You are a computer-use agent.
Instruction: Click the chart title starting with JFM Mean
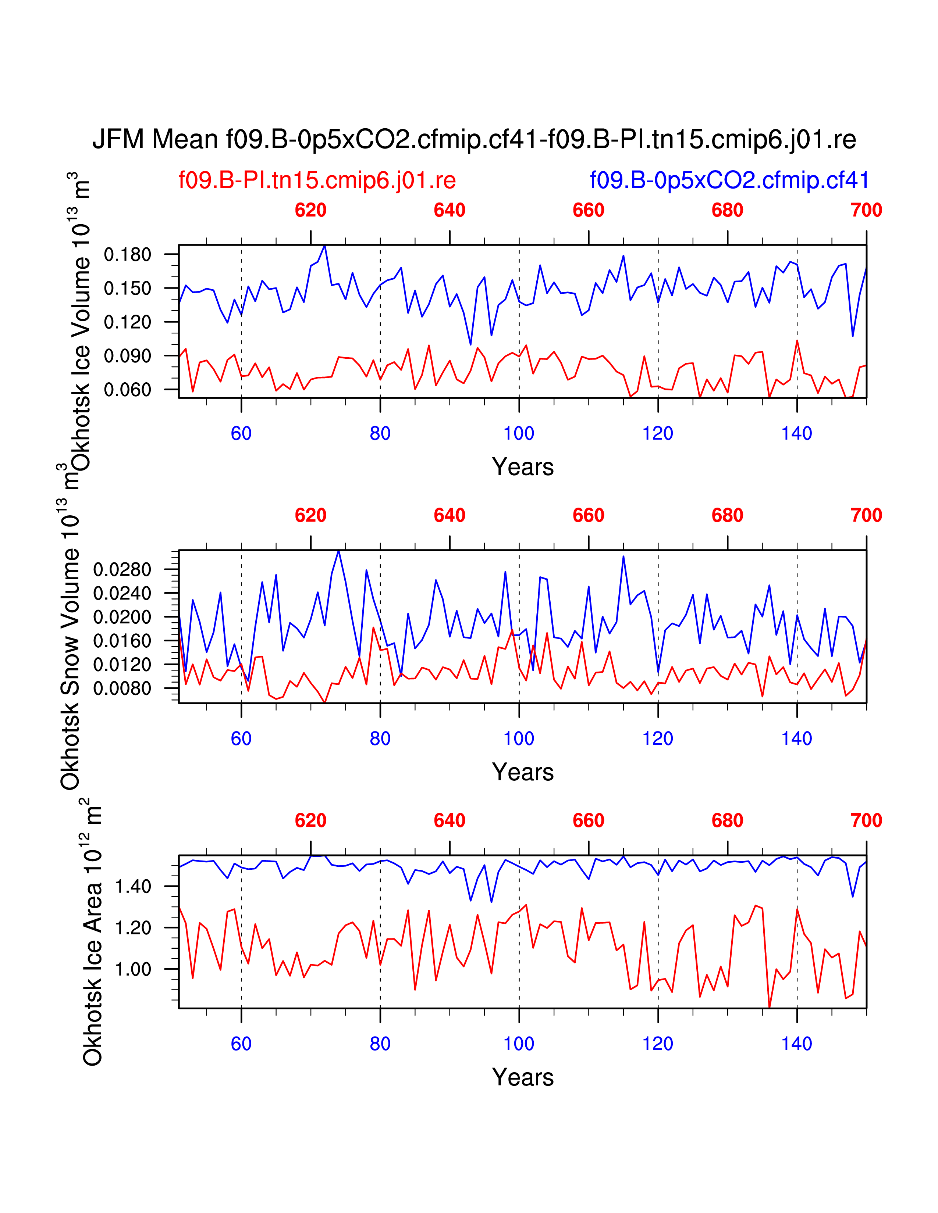tap(474, 139)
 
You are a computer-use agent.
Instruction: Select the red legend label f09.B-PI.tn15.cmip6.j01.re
tap(317, 180)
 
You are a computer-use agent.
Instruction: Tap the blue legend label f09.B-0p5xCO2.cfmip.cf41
tap(729, 180)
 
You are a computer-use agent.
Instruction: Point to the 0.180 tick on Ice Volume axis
tap(127, 255)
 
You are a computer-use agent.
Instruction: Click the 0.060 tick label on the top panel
tap(127, 390)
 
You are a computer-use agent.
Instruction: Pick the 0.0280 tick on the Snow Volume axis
tap(122, 570)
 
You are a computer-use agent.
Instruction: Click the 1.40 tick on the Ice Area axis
tap(133, 887)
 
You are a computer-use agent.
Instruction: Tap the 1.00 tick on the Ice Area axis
tap(133, 969)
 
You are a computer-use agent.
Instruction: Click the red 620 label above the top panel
tap(310, 211)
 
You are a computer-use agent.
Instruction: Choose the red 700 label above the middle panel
tap(866, 515)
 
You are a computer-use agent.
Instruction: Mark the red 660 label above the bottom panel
tap(589, 820)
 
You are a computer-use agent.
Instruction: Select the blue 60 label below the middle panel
tap(241, 739)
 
